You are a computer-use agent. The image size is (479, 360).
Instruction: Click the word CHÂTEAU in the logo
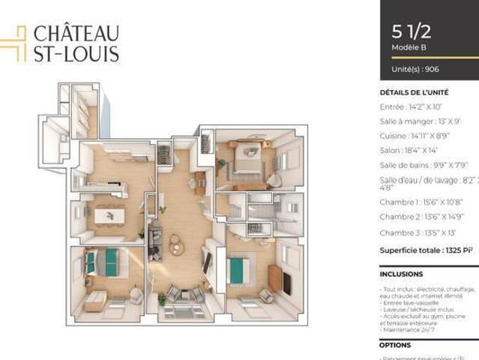point(76,34)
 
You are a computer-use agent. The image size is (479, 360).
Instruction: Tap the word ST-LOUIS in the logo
point(76,53)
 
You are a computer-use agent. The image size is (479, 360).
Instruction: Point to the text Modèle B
point(409,47)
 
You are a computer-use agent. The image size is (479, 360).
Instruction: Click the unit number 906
point(430,69)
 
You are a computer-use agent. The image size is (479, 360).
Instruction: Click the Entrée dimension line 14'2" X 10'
point(410,107)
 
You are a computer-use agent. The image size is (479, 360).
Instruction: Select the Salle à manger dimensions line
point(419,121)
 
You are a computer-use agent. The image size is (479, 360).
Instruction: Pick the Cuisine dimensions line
point(415,136)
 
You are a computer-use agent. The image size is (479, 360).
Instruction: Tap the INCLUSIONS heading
point(401,274)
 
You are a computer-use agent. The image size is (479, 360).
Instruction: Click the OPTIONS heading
point(395,345)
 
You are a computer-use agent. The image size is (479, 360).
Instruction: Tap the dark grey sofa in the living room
point(156,241)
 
